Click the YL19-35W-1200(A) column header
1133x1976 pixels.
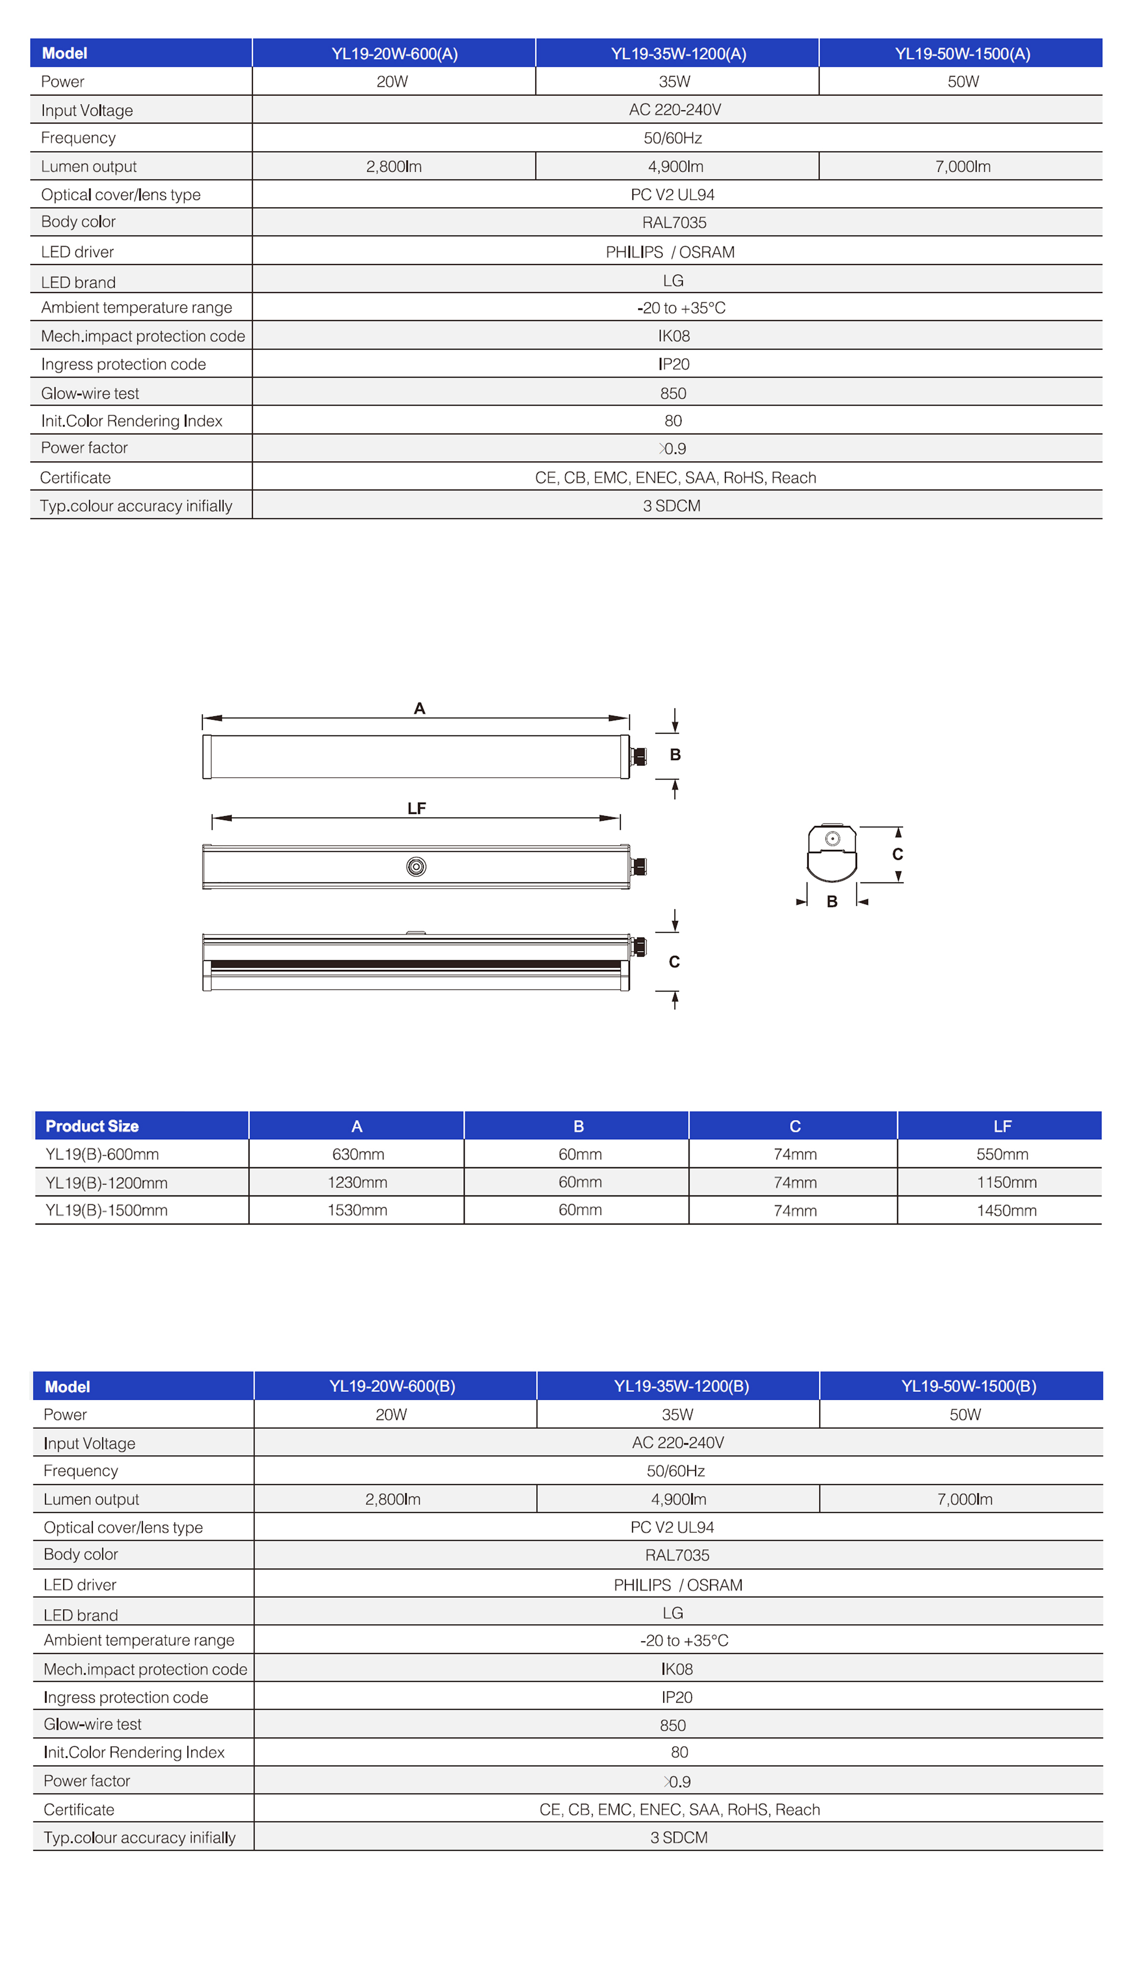pos(678,54)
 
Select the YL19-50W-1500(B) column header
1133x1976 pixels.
pos(968,1386)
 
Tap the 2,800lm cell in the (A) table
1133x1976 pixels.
pos(394,167)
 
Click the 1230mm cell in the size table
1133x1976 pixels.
pos(357,1183)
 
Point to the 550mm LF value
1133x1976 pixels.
pos(1002,1155)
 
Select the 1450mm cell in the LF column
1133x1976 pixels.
pos(1006,1211)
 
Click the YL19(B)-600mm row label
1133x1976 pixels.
pos(102,1155)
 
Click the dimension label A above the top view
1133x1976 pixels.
pos(420,709)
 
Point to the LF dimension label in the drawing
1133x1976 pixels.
pos(416,809)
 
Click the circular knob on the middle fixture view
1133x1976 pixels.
pos(416,867)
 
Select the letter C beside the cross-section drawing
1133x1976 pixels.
pos(897,854)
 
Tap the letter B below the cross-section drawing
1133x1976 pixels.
pos(832,902)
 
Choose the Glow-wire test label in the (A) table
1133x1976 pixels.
pos(90,394)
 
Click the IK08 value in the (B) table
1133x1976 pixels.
pos(676,1669)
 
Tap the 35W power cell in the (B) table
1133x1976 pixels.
pos(677,1414)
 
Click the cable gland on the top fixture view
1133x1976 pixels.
pos(639,756)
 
